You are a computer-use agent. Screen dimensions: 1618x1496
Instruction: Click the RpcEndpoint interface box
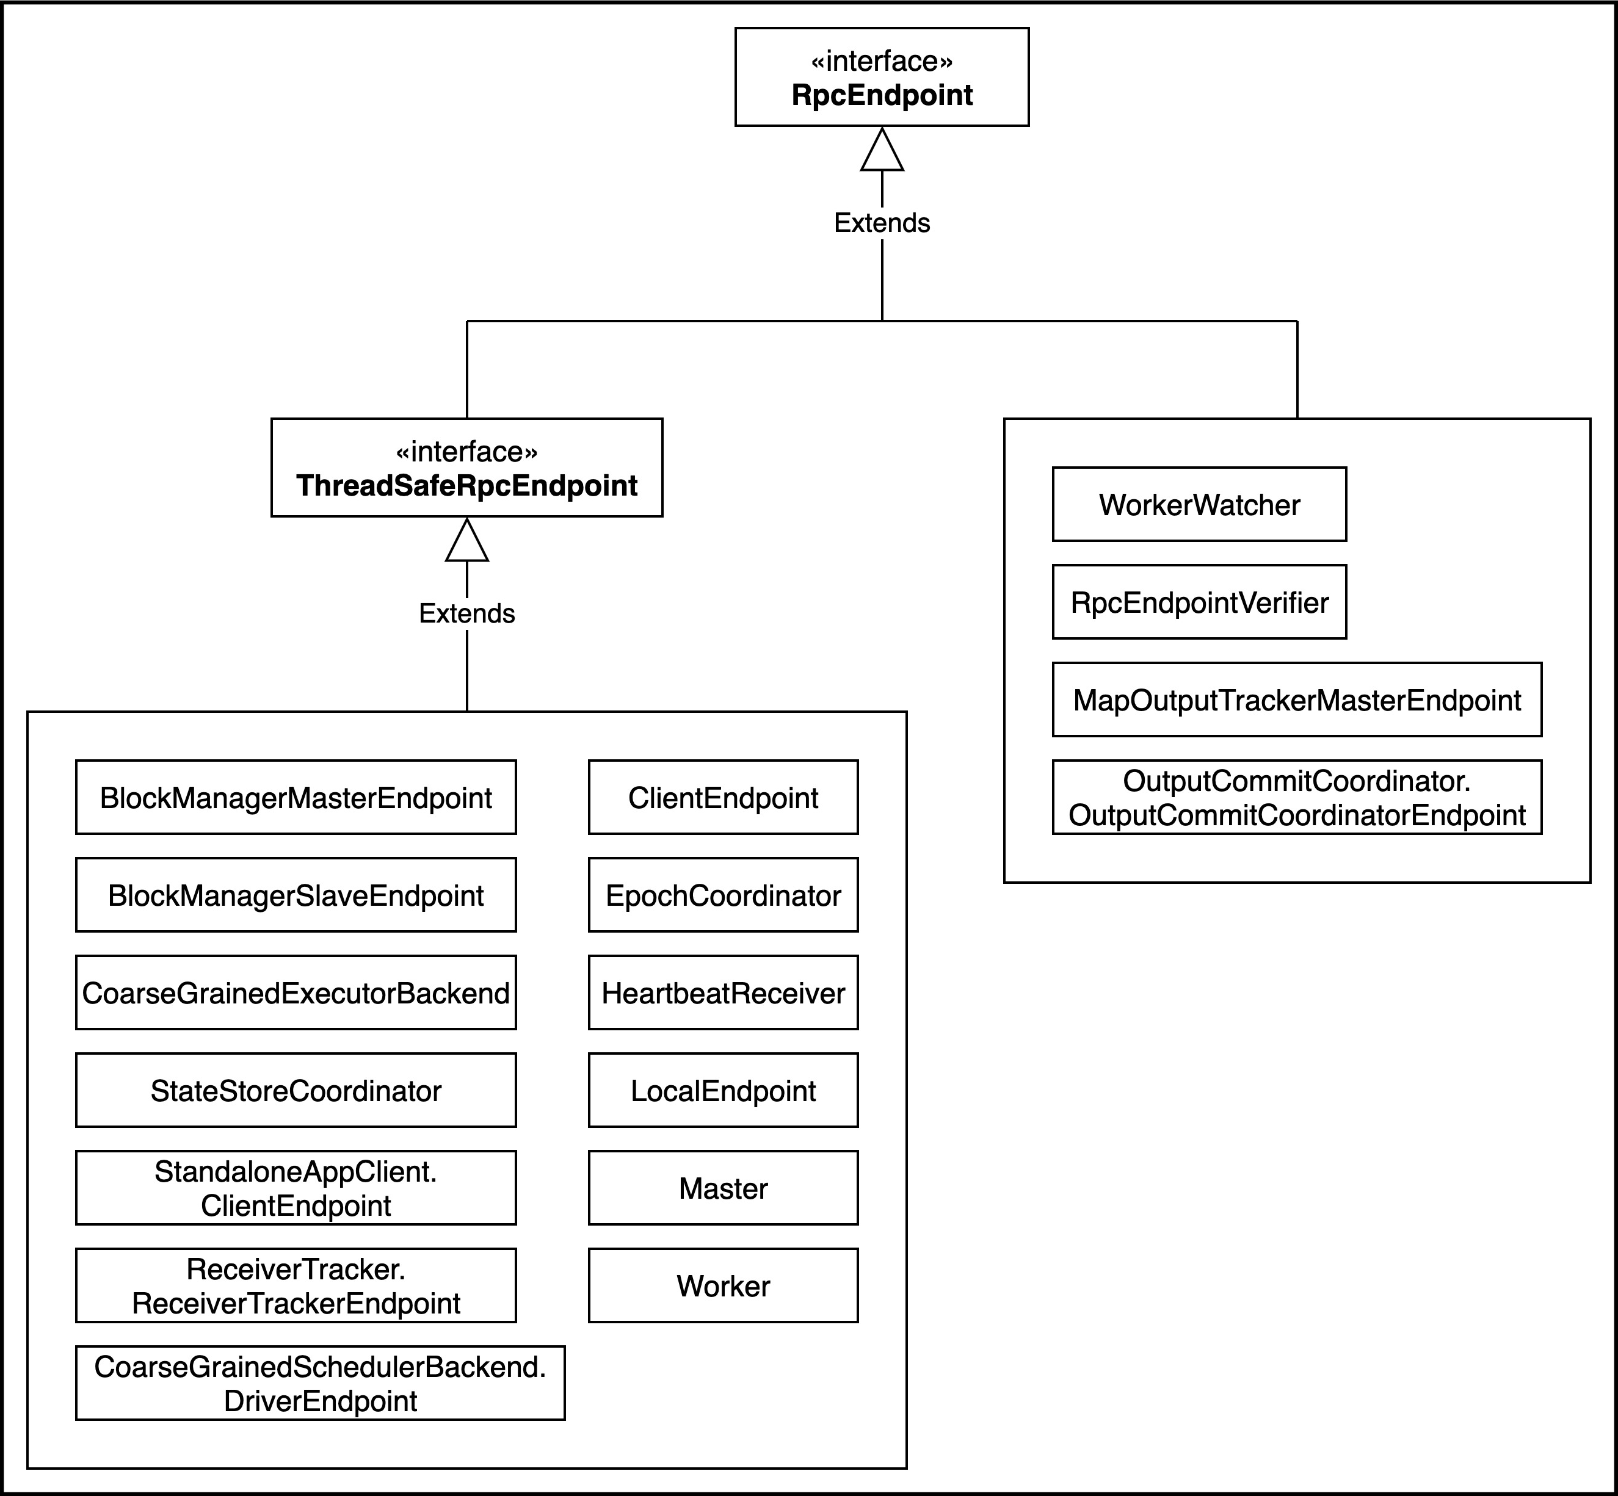coord(882,77)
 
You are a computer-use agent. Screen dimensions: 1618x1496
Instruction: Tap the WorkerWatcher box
coord(1199,504)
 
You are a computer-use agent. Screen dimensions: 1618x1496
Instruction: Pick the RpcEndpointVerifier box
coord(1199,602)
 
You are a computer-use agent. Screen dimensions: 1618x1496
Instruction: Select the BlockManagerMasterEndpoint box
coord(296,797)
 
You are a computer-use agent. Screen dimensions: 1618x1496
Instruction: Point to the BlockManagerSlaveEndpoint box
coord(296,895)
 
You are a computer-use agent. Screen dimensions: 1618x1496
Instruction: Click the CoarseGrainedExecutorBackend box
coord(296,992)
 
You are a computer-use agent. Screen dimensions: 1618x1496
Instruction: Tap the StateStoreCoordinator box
coord(296,1091)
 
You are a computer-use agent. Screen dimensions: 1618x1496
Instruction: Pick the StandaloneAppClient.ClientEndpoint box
coord(296,1188)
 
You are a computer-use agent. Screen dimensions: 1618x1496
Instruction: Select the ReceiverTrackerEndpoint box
coord(296,1285)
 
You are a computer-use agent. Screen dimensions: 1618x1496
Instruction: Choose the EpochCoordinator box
coord(723,895)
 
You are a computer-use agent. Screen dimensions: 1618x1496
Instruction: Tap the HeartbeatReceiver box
coord(723,992)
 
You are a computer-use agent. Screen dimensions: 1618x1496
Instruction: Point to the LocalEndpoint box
coord(723,1091)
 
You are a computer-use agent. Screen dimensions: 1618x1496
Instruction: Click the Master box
coord(723,1188)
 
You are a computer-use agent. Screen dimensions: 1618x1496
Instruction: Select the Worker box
coord(723,1285)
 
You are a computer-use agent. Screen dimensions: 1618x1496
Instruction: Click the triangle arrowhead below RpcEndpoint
coord(882,150)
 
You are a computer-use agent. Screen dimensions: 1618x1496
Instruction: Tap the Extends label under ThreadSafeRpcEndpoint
coord(466,613)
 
